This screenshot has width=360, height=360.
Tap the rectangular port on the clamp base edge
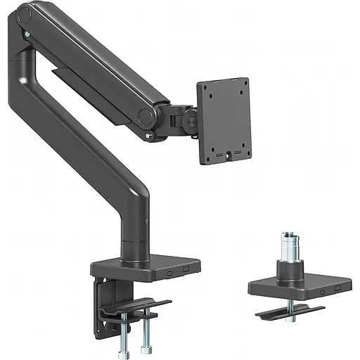click(x=186, y=268)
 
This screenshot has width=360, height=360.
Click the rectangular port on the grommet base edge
click(x=337, y=288)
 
